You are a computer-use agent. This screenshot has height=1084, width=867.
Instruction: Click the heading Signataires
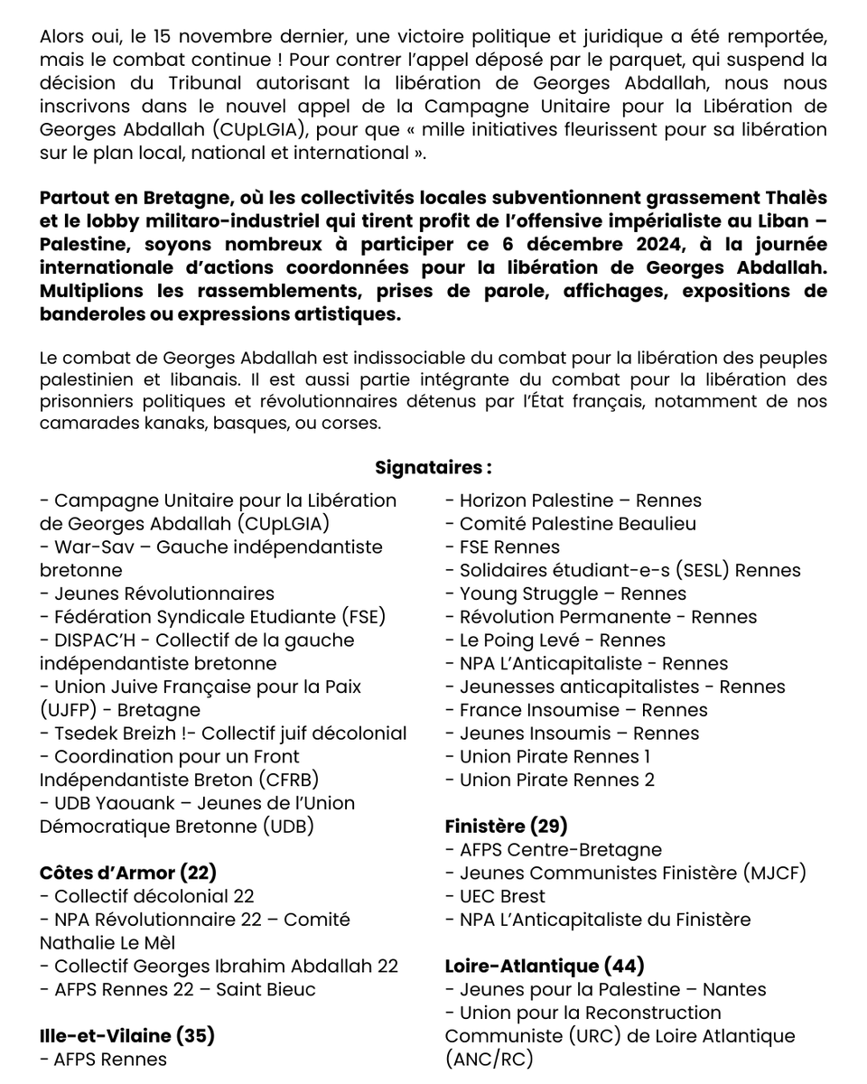pos(433,468)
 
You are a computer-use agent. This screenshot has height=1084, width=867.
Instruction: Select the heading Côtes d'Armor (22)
pos(128,873)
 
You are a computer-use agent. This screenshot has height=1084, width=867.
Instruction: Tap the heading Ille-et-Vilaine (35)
pos(127,1036)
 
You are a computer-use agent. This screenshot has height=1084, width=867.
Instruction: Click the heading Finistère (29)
pos(506,826)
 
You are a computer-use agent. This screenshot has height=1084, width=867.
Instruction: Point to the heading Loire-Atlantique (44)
pos(545,966)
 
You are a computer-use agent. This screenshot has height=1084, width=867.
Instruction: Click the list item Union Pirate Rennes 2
pos(557,780)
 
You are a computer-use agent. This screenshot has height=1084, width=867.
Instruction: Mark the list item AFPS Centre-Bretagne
pos(560,849)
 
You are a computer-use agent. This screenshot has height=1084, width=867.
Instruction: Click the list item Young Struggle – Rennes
pos(573,593)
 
